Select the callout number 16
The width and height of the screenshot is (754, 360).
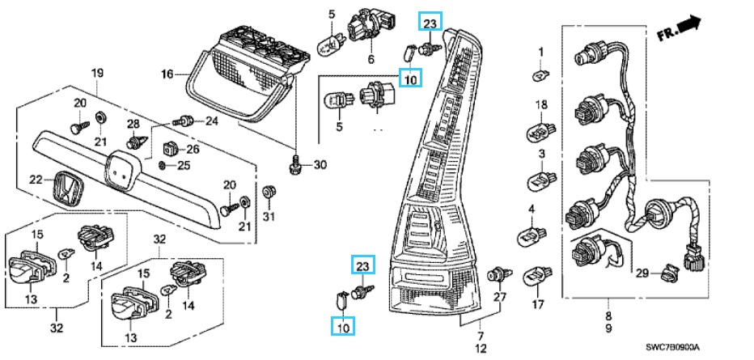tap(167, 75)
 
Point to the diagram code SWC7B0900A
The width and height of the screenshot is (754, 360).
tap(684, 349)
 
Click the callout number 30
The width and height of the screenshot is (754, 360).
tap(320, 165)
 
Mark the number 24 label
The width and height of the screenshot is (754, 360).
tap(211, 122)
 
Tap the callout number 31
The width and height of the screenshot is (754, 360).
tap(269, 216)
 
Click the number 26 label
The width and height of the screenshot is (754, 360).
tap(193, 149)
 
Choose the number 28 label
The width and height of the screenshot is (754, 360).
tap(133, 124)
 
